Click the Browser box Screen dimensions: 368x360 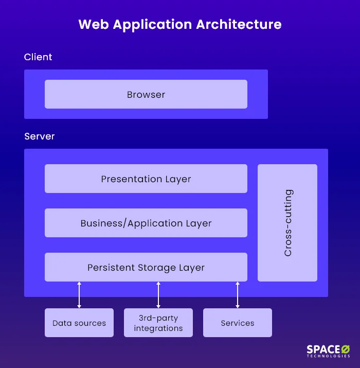click(146, 94)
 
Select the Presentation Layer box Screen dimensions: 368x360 click(146, 179)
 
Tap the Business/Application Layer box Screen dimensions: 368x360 click(146, 223)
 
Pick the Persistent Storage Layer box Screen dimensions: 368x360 click(146, 267)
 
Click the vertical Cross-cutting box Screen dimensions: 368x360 click(287, 223)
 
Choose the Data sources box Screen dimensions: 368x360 click(79, 323)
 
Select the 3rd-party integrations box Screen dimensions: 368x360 click(158, 323)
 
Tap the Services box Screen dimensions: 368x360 click(238, 323)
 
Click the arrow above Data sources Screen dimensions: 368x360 click(79, 294)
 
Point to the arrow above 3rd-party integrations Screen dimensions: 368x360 click(158, 294)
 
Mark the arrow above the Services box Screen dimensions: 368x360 click(238, 294)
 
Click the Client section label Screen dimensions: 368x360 click(38, 57)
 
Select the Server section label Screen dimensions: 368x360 click(40, 136)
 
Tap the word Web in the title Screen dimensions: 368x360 click(93, 24)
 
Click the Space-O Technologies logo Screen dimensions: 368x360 click(328, 351)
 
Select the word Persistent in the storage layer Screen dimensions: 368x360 click(111, 268)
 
